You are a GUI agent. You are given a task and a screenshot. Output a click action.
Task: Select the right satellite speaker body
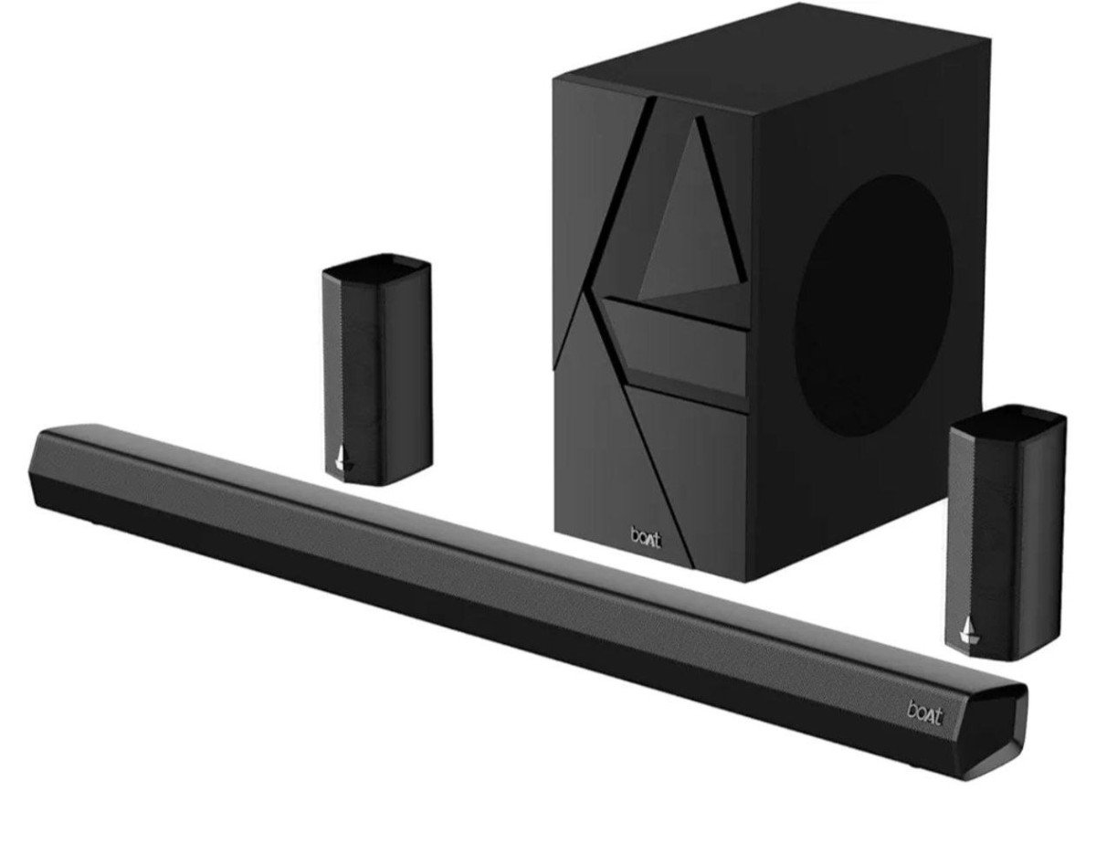[x=1005, y=539]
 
